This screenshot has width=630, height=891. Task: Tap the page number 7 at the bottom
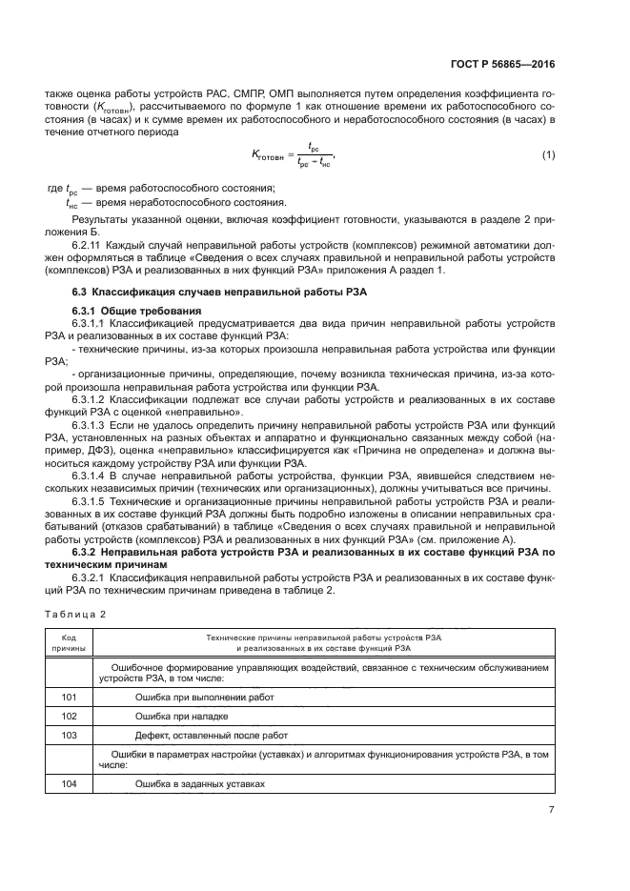click(x=552, y=810)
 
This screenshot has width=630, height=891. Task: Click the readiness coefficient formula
click(x=294, y=154)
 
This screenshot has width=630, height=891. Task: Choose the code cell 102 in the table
click(x=69, y=716)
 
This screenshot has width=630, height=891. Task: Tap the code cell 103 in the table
click(x=69, y=735)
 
